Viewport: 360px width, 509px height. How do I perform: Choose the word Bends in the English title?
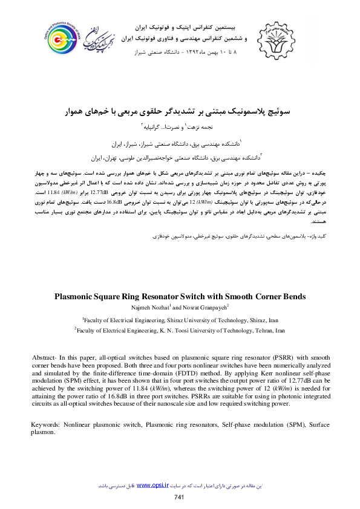pos(293,297)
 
